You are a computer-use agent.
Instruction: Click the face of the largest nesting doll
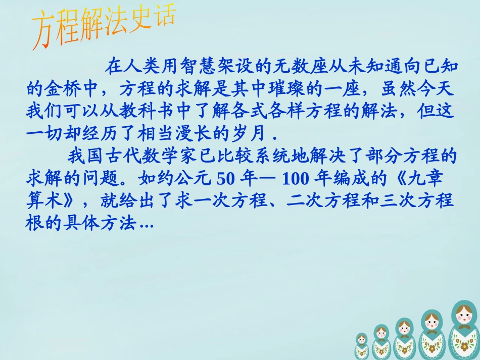click(464, 318)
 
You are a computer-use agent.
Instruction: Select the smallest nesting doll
click(362, 346)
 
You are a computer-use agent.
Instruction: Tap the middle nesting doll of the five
click(404, 338)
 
